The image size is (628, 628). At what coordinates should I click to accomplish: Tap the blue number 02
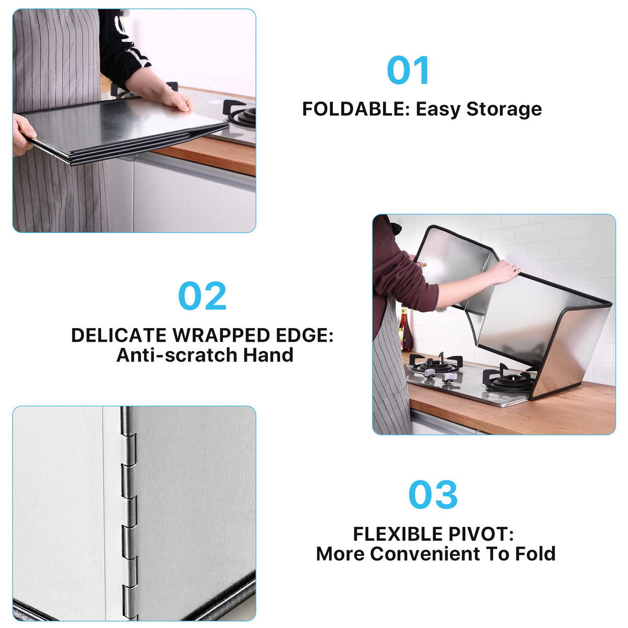[202, 296]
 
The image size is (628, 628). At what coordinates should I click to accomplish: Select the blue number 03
[433, 495]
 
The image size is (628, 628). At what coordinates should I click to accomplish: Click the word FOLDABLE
[354, 109]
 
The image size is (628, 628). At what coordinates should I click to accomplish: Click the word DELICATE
[119, 335]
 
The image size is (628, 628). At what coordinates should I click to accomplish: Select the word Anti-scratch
[177, 355]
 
